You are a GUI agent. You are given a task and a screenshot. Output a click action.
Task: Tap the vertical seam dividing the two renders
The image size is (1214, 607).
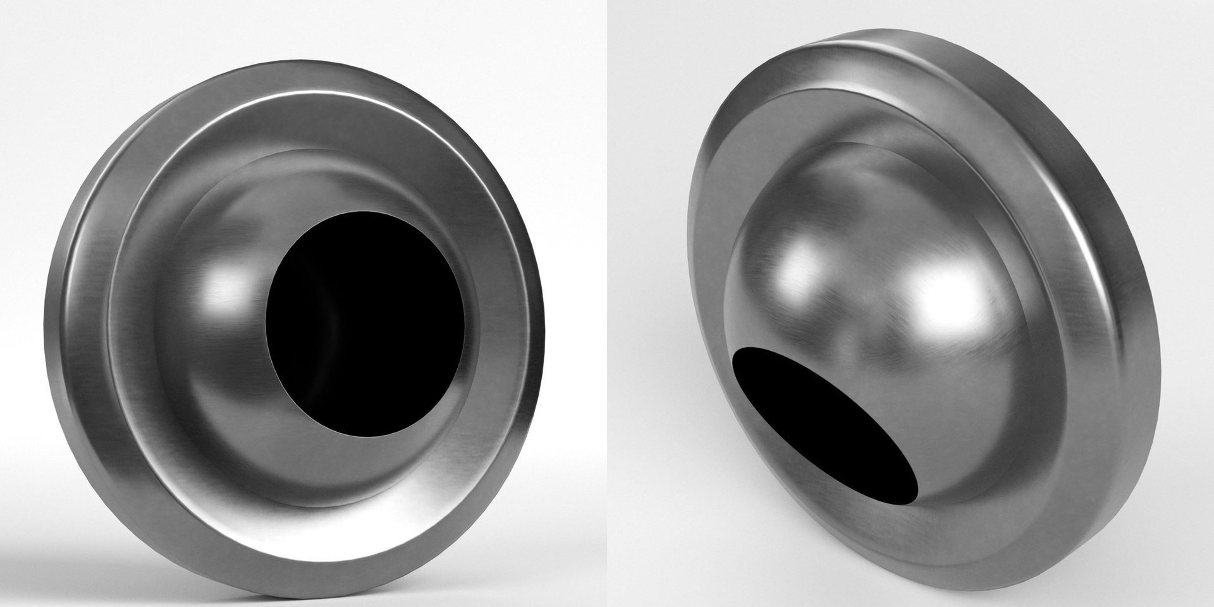(606, 303)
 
